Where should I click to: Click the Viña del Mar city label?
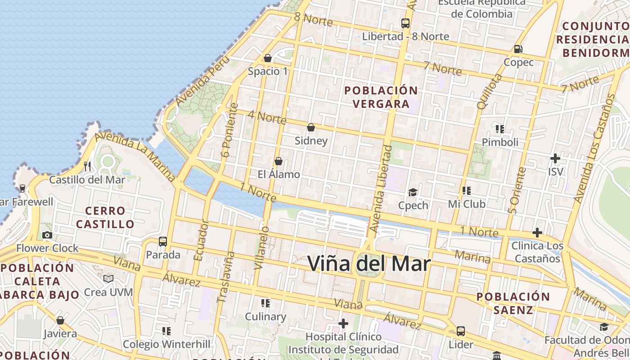(x=369, y=264)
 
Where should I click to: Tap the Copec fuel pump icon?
(x=518, y=49)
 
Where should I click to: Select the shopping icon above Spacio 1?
(x=268, y=58)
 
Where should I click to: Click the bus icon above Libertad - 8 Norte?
(x=405, y=23)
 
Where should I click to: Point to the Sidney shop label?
(x=311, y=141)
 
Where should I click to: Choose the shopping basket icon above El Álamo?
(x=279, y=161)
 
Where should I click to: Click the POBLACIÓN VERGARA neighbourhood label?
(x=381, y=97)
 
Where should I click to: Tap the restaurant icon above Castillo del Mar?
(x=87, y=166)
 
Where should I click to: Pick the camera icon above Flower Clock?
(x=47, y=235)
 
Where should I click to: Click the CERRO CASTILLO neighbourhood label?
(x=105, y=217)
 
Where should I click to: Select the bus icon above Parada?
(x=163, y=241)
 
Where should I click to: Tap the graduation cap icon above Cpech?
(x=413, y=193)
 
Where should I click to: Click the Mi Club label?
(x=467, y=204)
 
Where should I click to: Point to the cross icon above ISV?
(x=555, y=158)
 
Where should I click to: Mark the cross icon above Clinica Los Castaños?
(x=537, y=233)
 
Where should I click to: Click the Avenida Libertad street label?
(x=381, y=189)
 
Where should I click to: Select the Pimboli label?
(x=500, y=142)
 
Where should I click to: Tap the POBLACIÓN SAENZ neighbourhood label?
(x=513, y=303)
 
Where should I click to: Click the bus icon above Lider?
(x=460, y=331)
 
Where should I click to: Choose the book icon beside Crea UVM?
(x=108, y=279)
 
